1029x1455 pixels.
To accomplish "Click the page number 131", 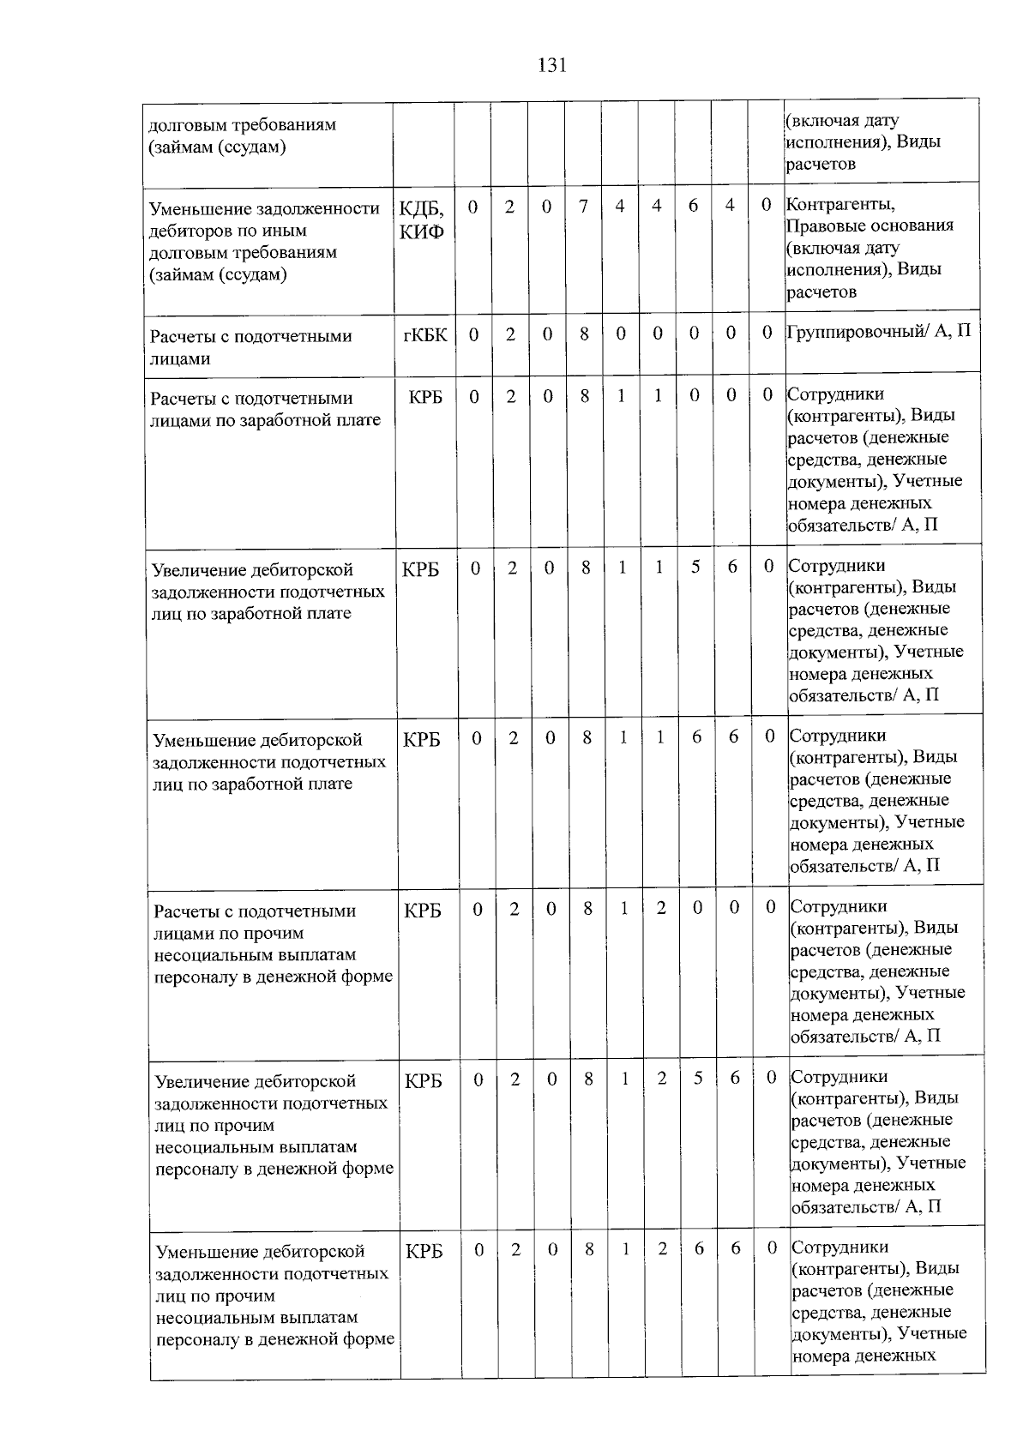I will (x=551, y=65).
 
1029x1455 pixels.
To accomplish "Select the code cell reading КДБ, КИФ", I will (x=422, y=219).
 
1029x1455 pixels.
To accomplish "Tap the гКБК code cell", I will (x=424, y=335).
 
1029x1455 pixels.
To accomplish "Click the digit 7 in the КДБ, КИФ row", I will (x=583, y=207).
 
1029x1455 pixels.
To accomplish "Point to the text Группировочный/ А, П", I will (x=879, y=331).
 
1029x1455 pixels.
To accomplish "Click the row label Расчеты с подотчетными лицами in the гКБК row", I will (x=250, y=347).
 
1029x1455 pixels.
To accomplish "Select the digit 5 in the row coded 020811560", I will (x=695, y=568).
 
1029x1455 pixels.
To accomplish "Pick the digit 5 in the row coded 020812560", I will (x=698, y=1079).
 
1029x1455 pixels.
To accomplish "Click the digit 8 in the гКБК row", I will (x=584, y=334).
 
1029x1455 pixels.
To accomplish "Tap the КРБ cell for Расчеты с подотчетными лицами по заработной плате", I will (x=425, y=398).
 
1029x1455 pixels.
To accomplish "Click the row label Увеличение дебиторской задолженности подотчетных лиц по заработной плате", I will (x=268, y=592).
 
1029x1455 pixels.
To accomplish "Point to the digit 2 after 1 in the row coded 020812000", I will (x=661, y=908).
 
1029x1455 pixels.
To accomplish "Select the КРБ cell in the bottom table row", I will (x=424, y=1252).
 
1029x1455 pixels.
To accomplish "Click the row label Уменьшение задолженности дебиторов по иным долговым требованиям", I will (x=264, y=242).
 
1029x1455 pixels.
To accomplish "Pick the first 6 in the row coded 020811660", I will (x=696, y=737).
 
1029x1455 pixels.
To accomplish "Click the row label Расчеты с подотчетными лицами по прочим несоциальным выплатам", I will (x=273, y=944).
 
